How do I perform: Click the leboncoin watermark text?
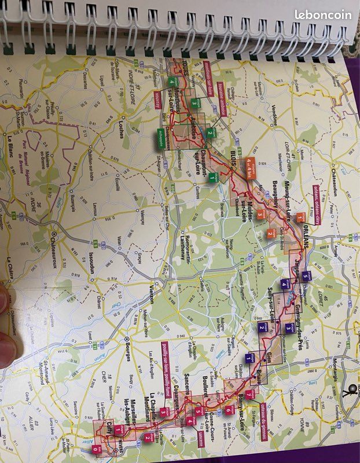(322, 16)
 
